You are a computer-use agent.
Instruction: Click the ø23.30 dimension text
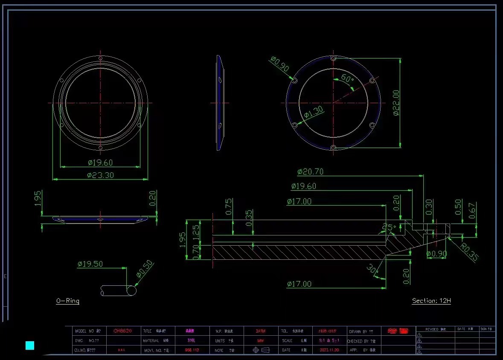coord(100,175)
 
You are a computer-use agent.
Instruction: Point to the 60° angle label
coord(347,79)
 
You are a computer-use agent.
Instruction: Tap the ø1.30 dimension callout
coord(314,113)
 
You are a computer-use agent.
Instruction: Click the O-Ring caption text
coord(68,301)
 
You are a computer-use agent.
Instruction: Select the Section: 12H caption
coord(431,301)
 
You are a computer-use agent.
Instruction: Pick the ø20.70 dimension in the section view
coord(310,172)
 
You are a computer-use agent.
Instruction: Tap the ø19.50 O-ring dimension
coord(90,264)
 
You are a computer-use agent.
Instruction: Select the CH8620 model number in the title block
coord(122,331)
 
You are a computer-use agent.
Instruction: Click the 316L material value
coord(191,340)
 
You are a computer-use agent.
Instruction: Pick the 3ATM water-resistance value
coord(260,331)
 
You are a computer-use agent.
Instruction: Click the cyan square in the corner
coord(30,345)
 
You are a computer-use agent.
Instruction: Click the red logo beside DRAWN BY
coord(397,331)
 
